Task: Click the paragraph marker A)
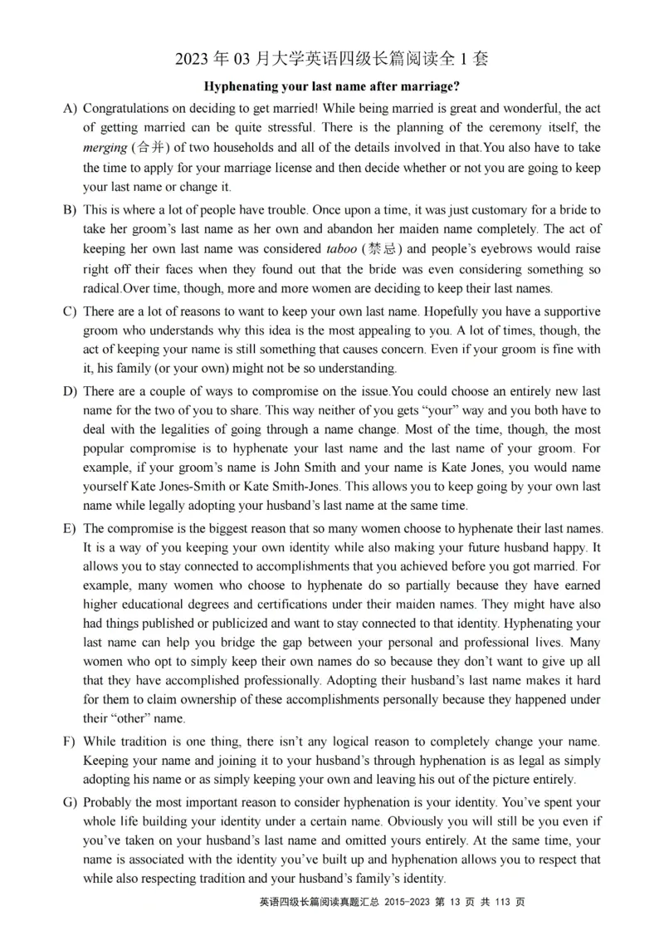69,109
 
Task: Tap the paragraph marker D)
69,391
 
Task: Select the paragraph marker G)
69,803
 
